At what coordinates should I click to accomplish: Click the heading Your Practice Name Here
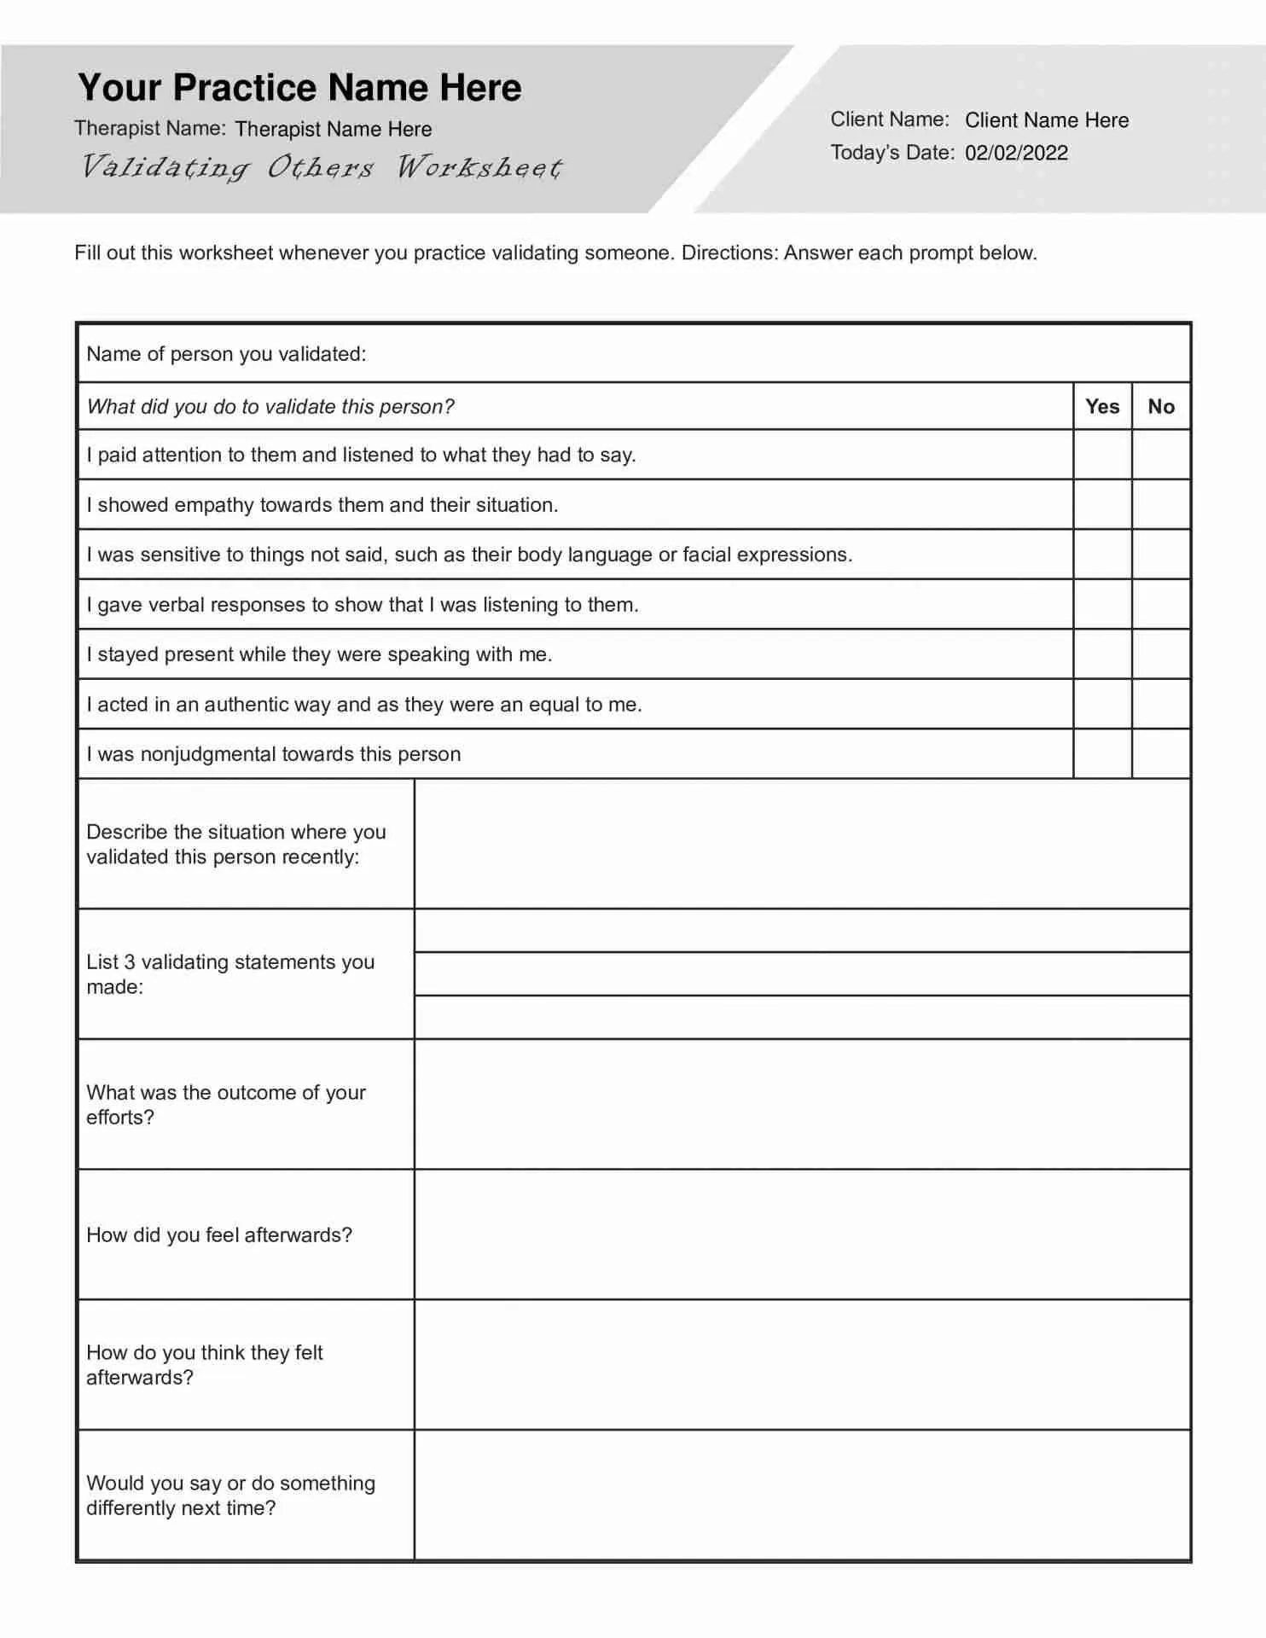[x=299, y=88]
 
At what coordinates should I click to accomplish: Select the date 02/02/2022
[x=1016, y=153]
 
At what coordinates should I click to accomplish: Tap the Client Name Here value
[x=1046, y=120]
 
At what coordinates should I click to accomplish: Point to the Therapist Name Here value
[x=333, y=129]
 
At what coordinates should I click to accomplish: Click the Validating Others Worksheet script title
[x=322, y=167]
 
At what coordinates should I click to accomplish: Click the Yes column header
[x=1102, y=407]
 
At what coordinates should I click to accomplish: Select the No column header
[x=1161, y=407]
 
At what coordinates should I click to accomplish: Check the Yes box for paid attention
[x=1102, y=455]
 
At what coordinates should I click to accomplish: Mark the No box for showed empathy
[x=1161, y=504]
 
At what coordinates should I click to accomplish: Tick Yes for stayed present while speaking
[x=1102, y=654]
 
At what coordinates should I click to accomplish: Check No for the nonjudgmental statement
[x=1161, y=754]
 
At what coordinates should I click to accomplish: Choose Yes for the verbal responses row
[x=1102, y=605]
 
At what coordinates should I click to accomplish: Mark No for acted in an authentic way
[x=1161, y=705]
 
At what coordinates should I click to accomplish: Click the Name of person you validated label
[x=226, y=354]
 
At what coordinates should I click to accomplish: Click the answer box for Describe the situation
[x=802, y=844]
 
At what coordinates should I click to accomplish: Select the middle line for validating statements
[x=802, y=974]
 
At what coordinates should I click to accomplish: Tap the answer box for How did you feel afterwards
[x=802, y=1234]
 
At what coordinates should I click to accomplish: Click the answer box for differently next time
[x=802, y=1496]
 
